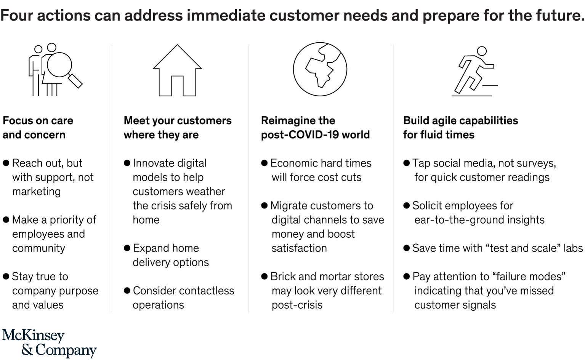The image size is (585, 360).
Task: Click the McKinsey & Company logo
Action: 49,343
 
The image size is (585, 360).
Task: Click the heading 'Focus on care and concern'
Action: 38,128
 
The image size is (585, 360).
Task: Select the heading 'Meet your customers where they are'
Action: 178,128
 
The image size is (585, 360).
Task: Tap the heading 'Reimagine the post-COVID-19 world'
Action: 316,128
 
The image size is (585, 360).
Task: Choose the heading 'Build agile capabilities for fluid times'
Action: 460,128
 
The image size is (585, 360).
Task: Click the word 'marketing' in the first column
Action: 37,192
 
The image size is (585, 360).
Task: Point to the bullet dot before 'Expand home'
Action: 127,248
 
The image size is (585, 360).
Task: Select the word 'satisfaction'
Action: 299,248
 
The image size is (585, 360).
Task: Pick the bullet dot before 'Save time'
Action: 406,248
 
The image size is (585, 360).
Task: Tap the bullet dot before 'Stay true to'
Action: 6,277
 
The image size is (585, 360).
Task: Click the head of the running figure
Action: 482,51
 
